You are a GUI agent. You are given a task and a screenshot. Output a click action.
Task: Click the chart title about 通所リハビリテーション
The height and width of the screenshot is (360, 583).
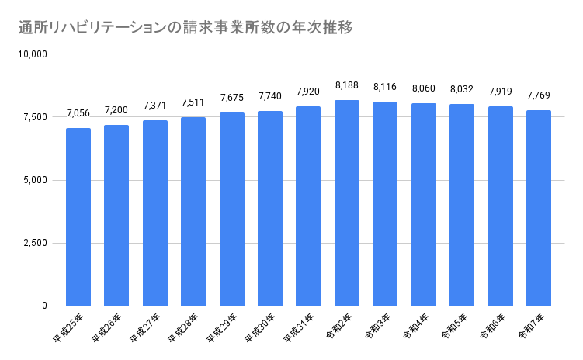tap(186, 28)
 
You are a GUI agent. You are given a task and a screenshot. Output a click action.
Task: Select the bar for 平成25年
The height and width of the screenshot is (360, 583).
tap(78, 217)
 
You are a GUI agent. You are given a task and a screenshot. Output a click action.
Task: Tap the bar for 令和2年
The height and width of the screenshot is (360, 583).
tap(347, 203)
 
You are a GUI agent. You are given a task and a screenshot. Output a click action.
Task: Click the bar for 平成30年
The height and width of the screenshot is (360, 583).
tap(270, 209)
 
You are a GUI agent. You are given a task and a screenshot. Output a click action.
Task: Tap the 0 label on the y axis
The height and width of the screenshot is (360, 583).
tap(45, 306)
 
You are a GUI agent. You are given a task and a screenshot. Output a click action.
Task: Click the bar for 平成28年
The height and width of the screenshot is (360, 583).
tap(193, 212)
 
